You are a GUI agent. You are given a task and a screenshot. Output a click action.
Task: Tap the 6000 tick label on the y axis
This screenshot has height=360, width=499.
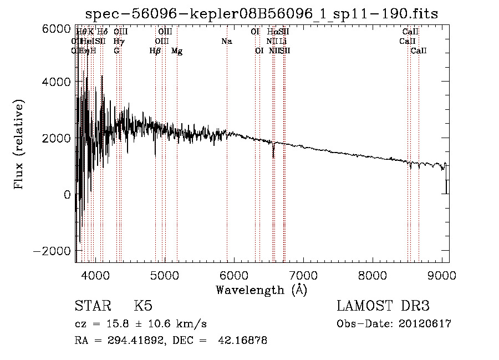tap(57, 29)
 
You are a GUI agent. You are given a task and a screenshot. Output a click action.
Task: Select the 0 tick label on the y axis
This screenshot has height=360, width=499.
tap(67, 195)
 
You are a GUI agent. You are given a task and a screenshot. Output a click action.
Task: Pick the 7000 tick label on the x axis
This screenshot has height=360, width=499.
tap(303, 275)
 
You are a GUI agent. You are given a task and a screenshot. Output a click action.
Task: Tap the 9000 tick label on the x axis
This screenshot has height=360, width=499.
tap(442, 275)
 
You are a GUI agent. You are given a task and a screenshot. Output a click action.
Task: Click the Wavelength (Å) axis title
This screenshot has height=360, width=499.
tap(261, 290)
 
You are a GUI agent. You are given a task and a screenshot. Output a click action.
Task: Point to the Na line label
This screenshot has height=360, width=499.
tap(226, 42)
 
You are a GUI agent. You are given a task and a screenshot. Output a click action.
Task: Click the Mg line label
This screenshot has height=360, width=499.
tap(177, 51)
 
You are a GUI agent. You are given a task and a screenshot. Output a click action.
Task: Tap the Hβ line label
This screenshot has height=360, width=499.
tap(155, 51)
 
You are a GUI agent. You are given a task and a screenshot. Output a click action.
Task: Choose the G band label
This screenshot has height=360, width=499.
tap(116, 51)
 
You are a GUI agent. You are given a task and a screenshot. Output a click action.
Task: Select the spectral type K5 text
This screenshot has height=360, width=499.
tap(143, 306)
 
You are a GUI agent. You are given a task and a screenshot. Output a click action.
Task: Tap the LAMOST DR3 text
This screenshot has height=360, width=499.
tap(383, 306)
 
